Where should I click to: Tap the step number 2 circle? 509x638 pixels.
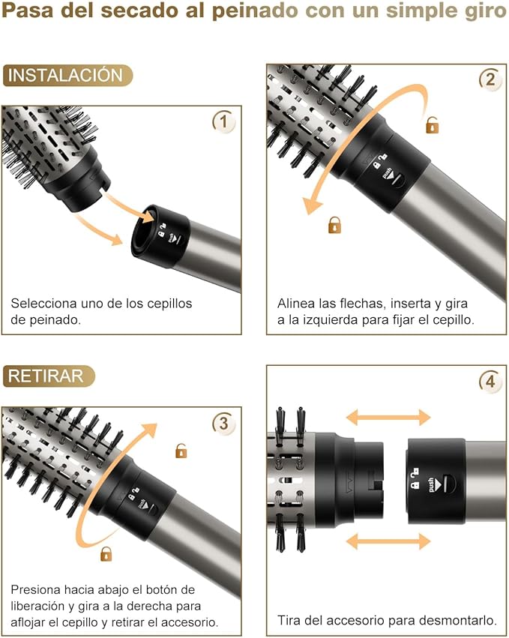pos(490,79)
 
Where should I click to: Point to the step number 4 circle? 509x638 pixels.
pos(490,382)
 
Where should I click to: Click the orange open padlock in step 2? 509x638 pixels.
pos(433,125)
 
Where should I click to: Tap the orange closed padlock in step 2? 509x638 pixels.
pos(334,224)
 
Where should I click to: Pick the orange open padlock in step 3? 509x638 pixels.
pos(181,451)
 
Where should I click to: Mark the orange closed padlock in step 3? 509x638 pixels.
pos(106,554)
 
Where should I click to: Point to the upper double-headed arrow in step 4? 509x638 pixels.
pos(388,418)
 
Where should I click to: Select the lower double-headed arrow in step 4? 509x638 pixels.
pos(388,541)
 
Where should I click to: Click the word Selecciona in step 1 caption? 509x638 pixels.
pos(43,304)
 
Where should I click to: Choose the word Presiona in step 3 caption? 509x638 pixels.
pos(37,590)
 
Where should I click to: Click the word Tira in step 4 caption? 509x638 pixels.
pos(290,620)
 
